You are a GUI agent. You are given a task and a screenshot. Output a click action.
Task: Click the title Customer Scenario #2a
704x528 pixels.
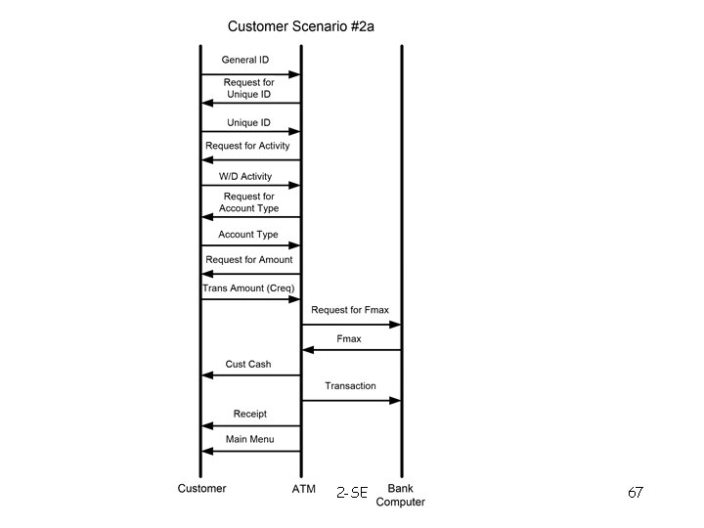(300, 26)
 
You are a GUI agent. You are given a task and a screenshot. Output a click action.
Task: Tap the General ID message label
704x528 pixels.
(244, 60)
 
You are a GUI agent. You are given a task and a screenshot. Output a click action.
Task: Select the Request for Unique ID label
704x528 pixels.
(248, 88)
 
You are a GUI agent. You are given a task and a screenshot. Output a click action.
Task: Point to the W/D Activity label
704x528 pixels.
(245, 177)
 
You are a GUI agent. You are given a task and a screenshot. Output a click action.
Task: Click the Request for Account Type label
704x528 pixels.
(248, 202)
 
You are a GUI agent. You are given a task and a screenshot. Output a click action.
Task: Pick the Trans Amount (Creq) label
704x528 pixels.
(248, 288)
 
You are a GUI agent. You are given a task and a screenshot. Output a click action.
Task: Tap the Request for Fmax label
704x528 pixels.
(350, 310)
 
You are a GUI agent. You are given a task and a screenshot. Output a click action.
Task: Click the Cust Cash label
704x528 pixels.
(248, 364)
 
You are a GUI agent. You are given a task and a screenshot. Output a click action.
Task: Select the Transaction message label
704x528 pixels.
(350, 385)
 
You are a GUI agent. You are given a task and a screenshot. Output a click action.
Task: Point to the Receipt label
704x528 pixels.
(249, 414)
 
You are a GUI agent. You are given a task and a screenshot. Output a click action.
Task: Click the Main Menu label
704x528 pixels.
(249, 439)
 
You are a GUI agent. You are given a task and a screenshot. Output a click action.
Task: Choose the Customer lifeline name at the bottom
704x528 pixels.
(201, 488)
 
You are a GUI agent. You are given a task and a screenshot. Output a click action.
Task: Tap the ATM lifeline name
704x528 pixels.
(303, 488)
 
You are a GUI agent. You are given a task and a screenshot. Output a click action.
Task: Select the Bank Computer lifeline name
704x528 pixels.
(401, 495)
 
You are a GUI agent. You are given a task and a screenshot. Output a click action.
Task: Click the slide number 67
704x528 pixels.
(635, 493)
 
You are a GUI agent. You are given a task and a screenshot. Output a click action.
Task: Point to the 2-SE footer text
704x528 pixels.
(351, 493)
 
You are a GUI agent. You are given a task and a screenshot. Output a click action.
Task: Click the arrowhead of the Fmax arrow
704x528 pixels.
(307, 349)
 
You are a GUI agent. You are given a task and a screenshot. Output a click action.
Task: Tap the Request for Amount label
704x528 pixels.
(248, 259)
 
